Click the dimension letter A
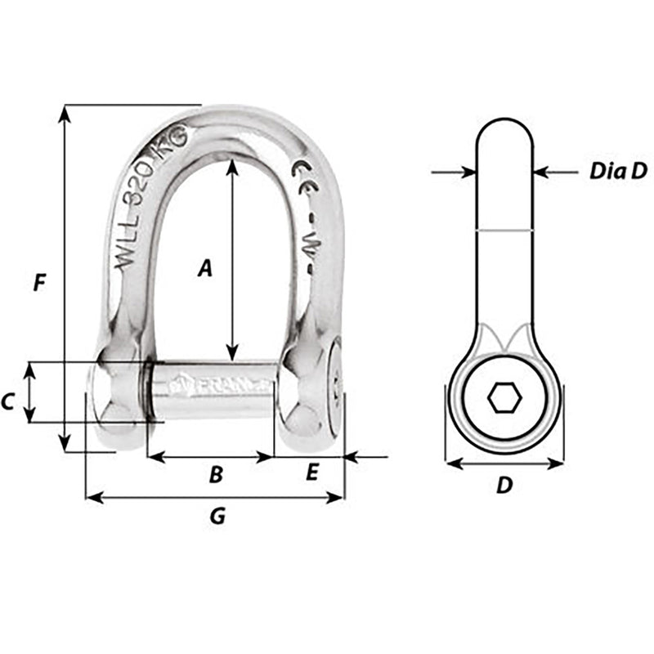(x=205, y=267)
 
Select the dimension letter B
(x=215, y=473)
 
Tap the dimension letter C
(x=8, y=401)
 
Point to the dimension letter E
(x=312, y=473)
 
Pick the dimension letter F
(x=37, y=284)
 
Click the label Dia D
(x=617, y=171)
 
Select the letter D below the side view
(x=504, y=485)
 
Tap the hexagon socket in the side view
(x=504, y=399)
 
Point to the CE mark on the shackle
(x=300, y=173)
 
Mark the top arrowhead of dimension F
(x=64, y=113)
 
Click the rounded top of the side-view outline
(x=504, y=120)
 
